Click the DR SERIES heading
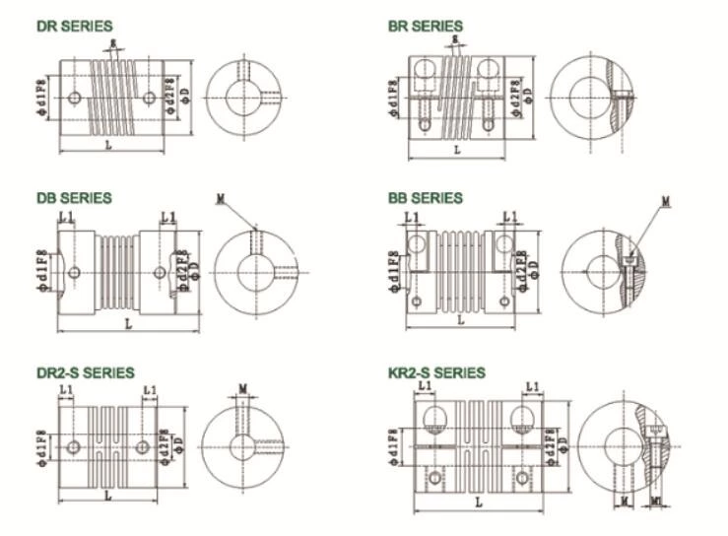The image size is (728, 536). point(75,26)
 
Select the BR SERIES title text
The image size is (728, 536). point(425,26)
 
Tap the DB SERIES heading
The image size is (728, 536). point(74,198)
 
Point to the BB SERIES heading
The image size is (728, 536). point(425,198)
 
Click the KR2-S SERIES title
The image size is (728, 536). point(436,372)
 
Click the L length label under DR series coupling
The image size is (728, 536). point(108,146)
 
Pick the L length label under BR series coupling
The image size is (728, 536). point(456,150)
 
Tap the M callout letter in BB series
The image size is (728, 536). point(666,201)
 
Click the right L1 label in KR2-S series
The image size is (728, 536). point(533,387)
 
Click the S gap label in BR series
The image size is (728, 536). point(455,39)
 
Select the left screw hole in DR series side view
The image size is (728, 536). point(76,99)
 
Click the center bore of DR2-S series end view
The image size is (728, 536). point(239,444)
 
